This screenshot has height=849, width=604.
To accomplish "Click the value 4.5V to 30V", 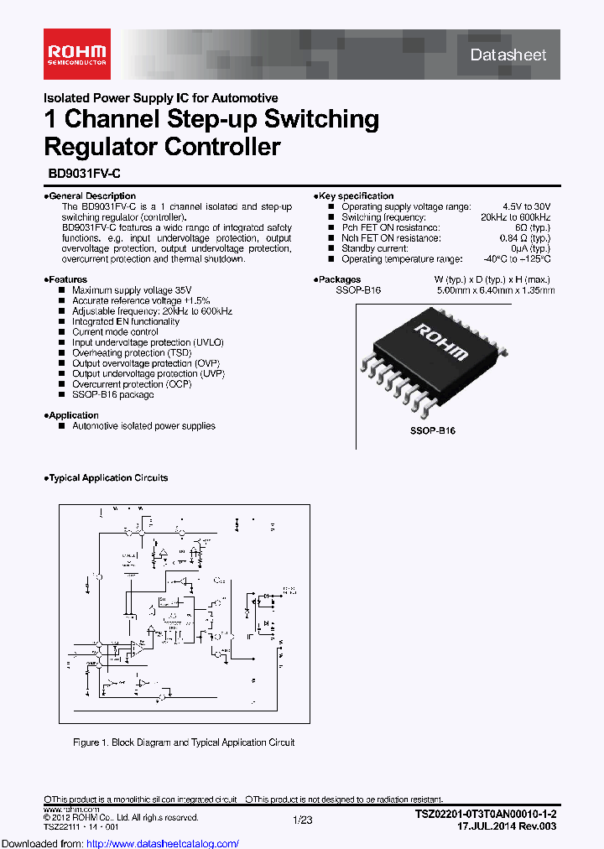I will (x=526, y=206).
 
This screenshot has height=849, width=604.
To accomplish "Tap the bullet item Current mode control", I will (x=115, y=331).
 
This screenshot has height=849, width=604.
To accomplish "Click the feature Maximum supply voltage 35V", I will (x=126, y=289).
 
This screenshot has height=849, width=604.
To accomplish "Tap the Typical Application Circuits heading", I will (x=107, y=478).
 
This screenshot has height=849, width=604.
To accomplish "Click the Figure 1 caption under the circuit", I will (x=184, y=742).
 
